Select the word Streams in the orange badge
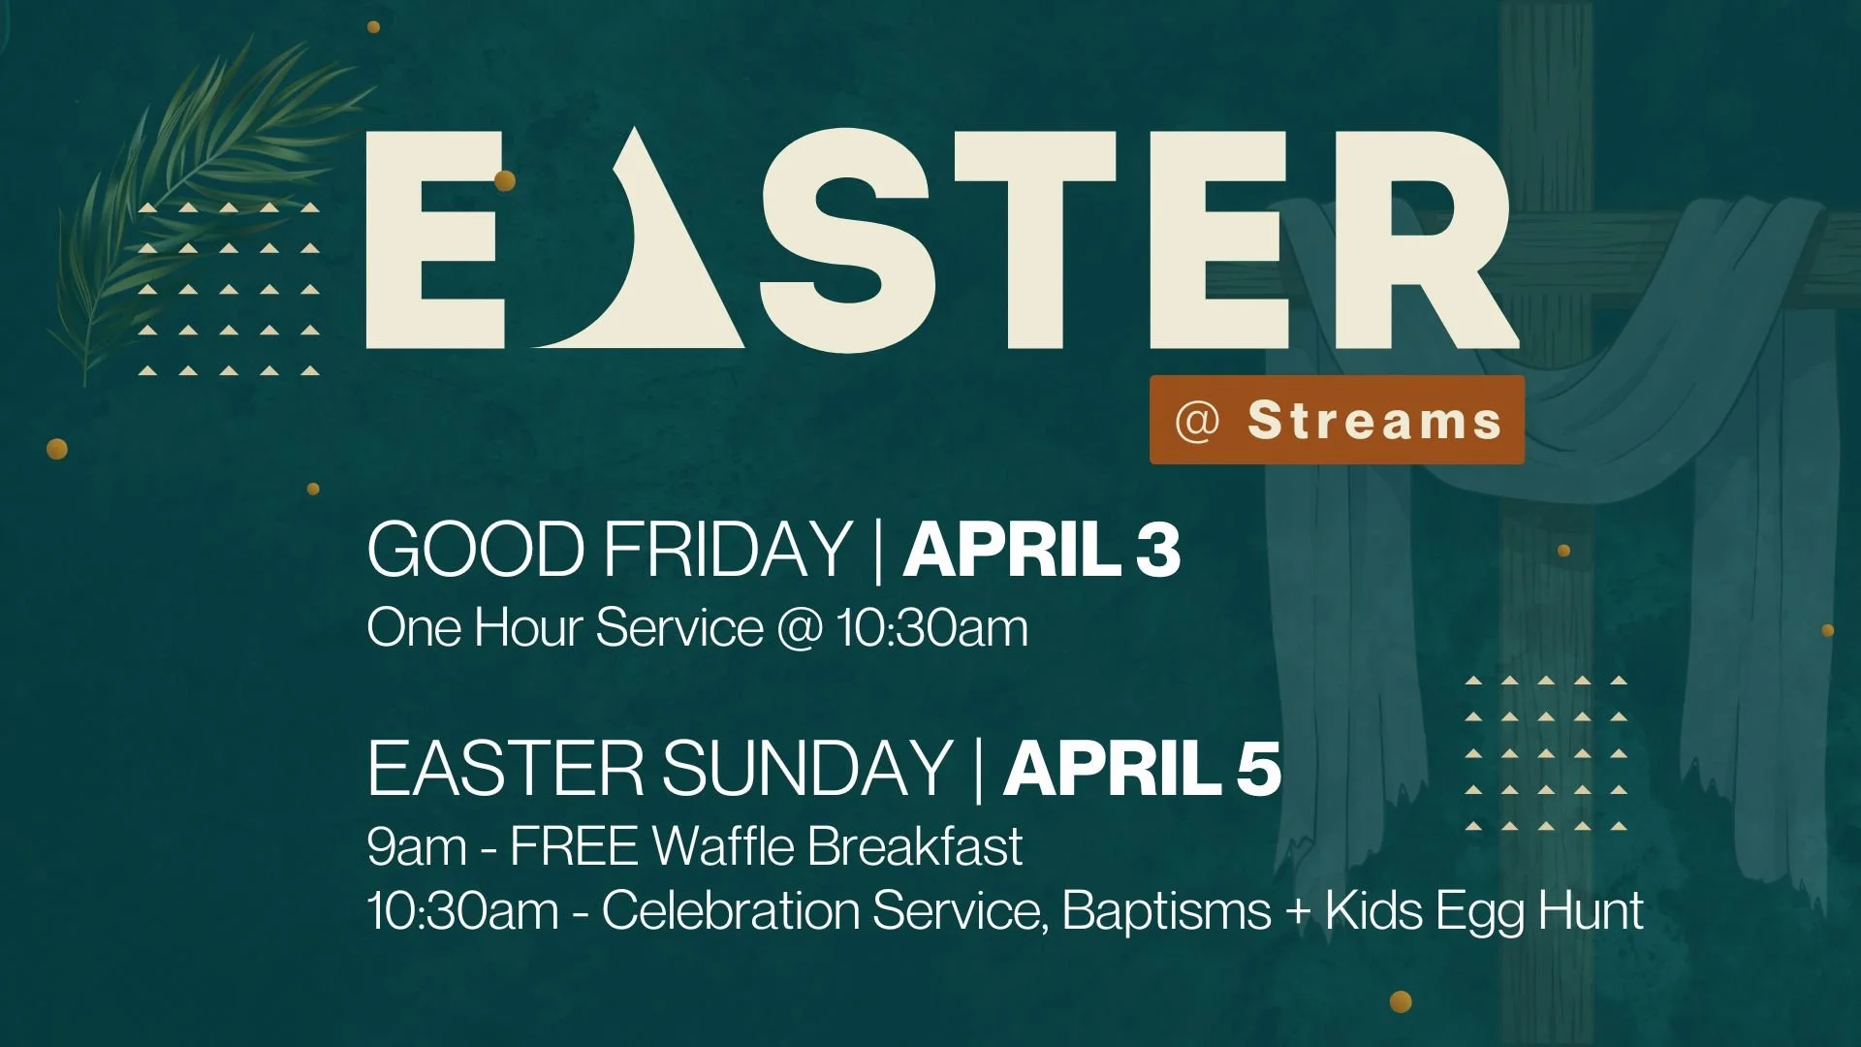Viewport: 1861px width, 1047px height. [1374, 420]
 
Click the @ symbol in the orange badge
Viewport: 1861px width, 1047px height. [1197, 421]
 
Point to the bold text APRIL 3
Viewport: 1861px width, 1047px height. [1042, 550]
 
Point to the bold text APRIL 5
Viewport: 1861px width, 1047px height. [1143, 769]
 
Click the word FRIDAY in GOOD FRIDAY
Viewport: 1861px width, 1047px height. [727, 550]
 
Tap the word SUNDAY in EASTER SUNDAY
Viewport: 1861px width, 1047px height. [806, 769]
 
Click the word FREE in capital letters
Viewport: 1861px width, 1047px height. [574, 845]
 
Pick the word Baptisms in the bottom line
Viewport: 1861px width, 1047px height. [1166, 911]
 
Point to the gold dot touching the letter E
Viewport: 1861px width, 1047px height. [504, 180]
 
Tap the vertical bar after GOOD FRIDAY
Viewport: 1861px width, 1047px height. [878, 550]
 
